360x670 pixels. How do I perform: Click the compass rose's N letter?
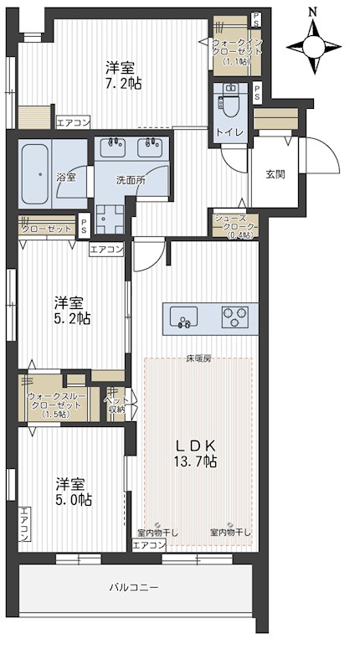pos(313,12)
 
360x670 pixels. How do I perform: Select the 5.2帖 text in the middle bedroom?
pos(73,311)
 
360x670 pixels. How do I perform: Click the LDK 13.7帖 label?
pos(198,453)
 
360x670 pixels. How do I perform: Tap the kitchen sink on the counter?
pos(183,317)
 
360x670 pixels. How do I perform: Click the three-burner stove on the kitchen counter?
pos(235,317)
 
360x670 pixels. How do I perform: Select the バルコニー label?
pos(134,588)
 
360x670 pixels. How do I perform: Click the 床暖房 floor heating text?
pos(198,359)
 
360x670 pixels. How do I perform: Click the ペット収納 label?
pos(115,404)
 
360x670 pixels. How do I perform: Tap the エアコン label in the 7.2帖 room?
pos(73,123)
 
